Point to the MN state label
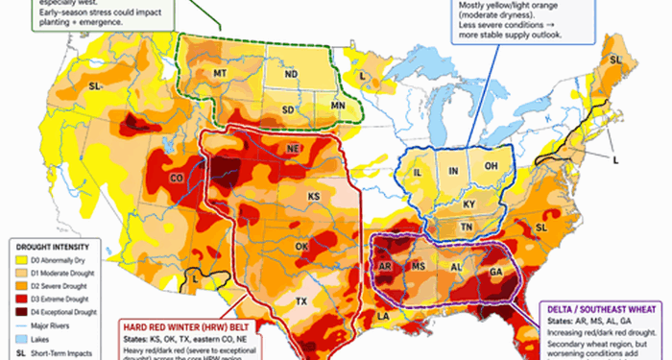[338, 104]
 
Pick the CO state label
[176, 178]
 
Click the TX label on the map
[300, 300]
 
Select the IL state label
[419, 172]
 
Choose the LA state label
[384, 316]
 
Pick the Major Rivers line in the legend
[19, 326]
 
